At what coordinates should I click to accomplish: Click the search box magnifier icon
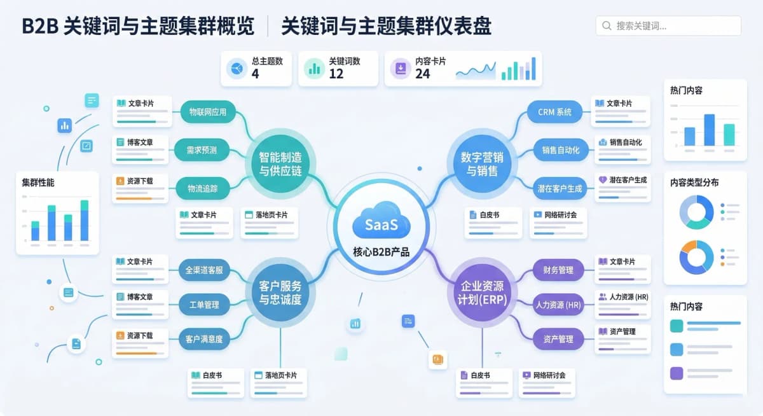coord(607,25)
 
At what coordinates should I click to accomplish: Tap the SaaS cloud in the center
coord(381,221)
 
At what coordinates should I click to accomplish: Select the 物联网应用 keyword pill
coord(208,112)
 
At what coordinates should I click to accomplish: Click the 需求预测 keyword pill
coord(202,150)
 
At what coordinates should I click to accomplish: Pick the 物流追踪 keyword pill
coord(203,188)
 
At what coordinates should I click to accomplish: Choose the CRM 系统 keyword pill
coord(554,112)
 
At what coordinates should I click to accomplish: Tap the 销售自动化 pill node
coord(561,150)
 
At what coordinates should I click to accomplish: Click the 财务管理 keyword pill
coord(558,270)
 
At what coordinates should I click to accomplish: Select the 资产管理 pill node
coord(558,339)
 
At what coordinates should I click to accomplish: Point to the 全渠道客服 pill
coord(204,270)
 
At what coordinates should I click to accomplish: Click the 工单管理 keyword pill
coord(204,305)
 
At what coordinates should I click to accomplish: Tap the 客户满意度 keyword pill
coord(204,339)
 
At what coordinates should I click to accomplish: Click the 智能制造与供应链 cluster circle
coord(280,164)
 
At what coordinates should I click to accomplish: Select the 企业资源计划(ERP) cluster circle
coord(482,293)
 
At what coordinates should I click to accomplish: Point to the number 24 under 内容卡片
coord(422,74)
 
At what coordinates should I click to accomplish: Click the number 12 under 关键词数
coord(336,74)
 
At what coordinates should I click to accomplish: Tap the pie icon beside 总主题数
coord(237,69)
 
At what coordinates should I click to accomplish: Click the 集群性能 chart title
coord(38,183)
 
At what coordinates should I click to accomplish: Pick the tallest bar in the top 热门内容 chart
coord(710,130)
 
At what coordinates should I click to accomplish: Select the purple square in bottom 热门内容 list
coord(677,373)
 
